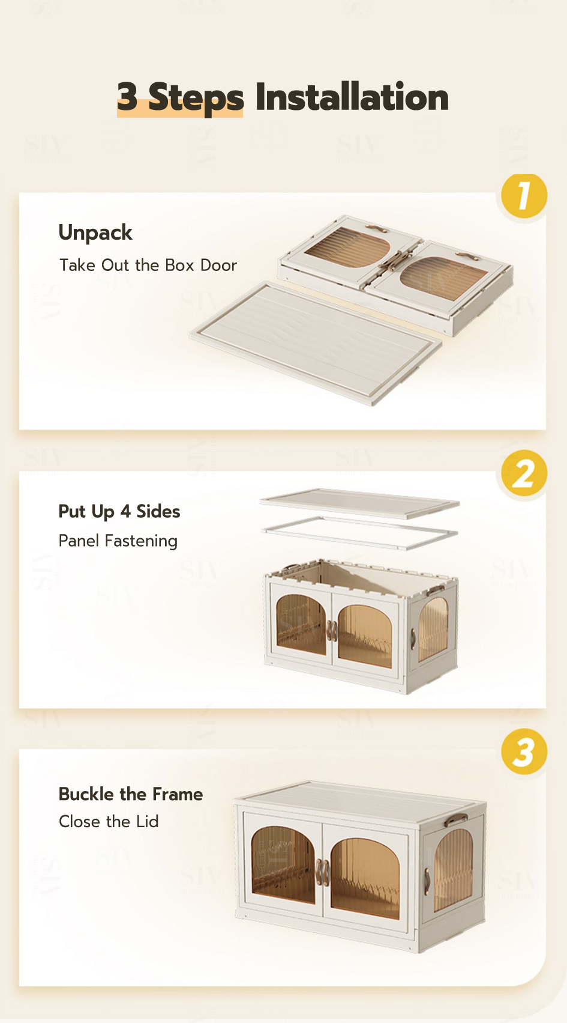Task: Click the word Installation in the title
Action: pos(352,97)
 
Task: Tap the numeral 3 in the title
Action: pos(127,97)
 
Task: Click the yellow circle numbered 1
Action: pos(524,196)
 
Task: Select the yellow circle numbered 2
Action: pos(524,473)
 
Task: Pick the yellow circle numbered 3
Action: pos(524,751)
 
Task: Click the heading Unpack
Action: pos(95,233)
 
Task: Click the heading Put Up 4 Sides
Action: pos(119,512)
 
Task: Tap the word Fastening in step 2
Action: pos(141,541)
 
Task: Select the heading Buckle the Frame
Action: pos(130,794)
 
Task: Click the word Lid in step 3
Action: pos(147,822)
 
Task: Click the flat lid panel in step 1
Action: pos(316,342)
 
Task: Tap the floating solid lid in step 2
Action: pos(359,503)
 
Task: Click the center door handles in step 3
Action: pos(323,872)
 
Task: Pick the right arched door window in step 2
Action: pos(365,636)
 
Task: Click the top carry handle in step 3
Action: pos(456,818)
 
